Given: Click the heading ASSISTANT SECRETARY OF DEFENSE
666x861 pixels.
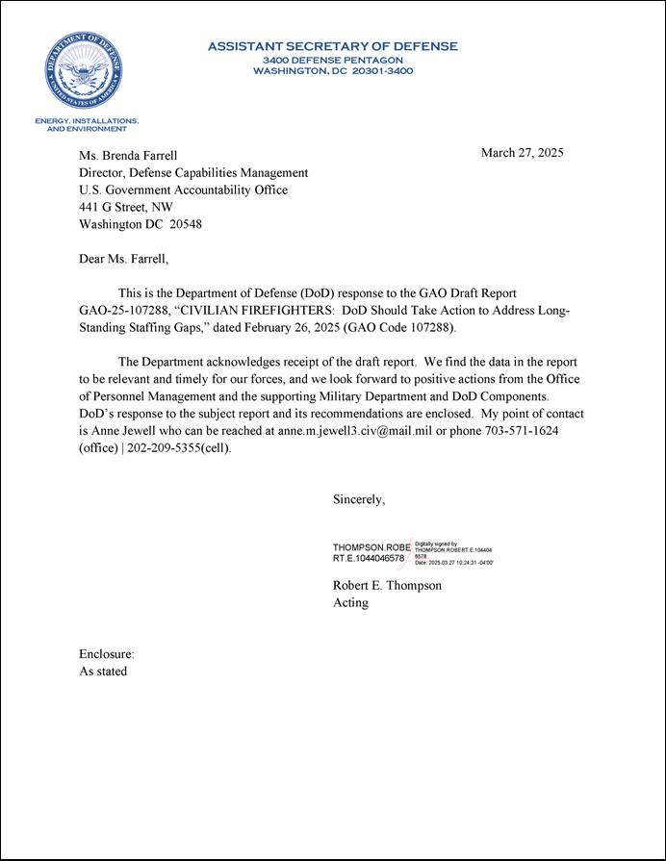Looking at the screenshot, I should pos(332,46).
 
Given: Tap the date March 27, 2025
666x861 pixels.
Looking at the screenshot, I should pos(522,153).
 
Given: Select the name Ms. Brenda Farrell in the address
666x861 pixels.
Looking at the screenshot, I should pos(128,155).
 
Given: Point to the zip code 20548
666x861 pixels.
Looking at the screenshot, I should pos(185,224).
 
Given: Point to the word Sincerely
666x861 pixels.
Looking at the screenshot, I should pos(359,499).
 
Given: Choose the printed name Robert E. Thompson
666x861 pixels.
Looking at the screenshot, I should pos(387,585).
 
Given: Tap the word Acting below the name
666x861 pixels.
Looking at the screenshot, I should pos(350,603).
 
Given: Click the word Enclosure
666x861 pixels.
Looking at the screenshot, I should pos(106,654).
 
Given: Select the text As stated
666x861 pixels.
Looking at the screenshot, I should pos(103,671).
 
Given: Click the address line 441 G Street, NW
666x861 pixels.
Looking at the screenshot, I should pos(125,207).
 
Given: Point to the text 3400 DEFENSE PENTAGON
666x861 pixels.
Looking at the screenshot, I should pos(332,60).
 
